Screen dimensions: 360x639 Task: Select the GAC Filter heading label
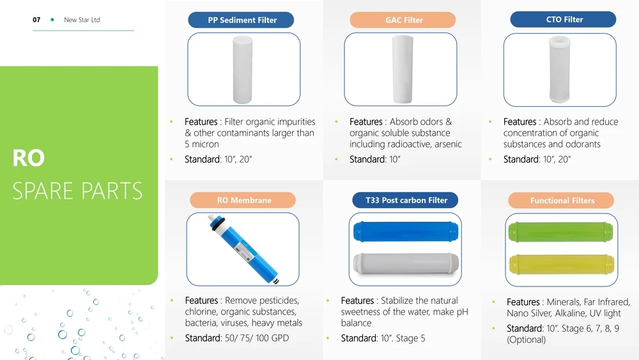tap(404, 20)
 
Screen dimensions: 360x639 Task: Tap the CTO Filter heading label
tap(564, 20)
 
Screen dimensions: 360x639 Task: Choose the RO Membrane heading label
tap(243, 200)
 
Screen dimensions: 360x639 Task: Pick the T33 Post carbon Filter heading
tap(406, 200)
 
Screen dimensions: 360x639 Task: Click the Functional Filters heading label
tap(562, 201)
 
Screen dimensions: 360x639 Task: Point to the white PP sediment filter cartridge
tap(244, 69)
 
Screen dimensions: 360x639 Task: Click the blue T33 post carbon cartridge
tap(404, 233)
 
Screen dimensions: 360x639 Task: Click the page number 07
tap(36, 20)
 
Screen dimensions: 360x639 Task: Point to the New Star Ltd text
tap(82, 20)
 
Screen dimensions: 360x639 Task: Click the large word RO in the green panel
tap(28, 159)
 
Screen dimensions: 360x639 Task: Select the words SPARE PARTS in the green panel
tap(77, 191)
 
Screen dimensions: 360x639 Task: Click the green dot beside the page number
tap(52, 20)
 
